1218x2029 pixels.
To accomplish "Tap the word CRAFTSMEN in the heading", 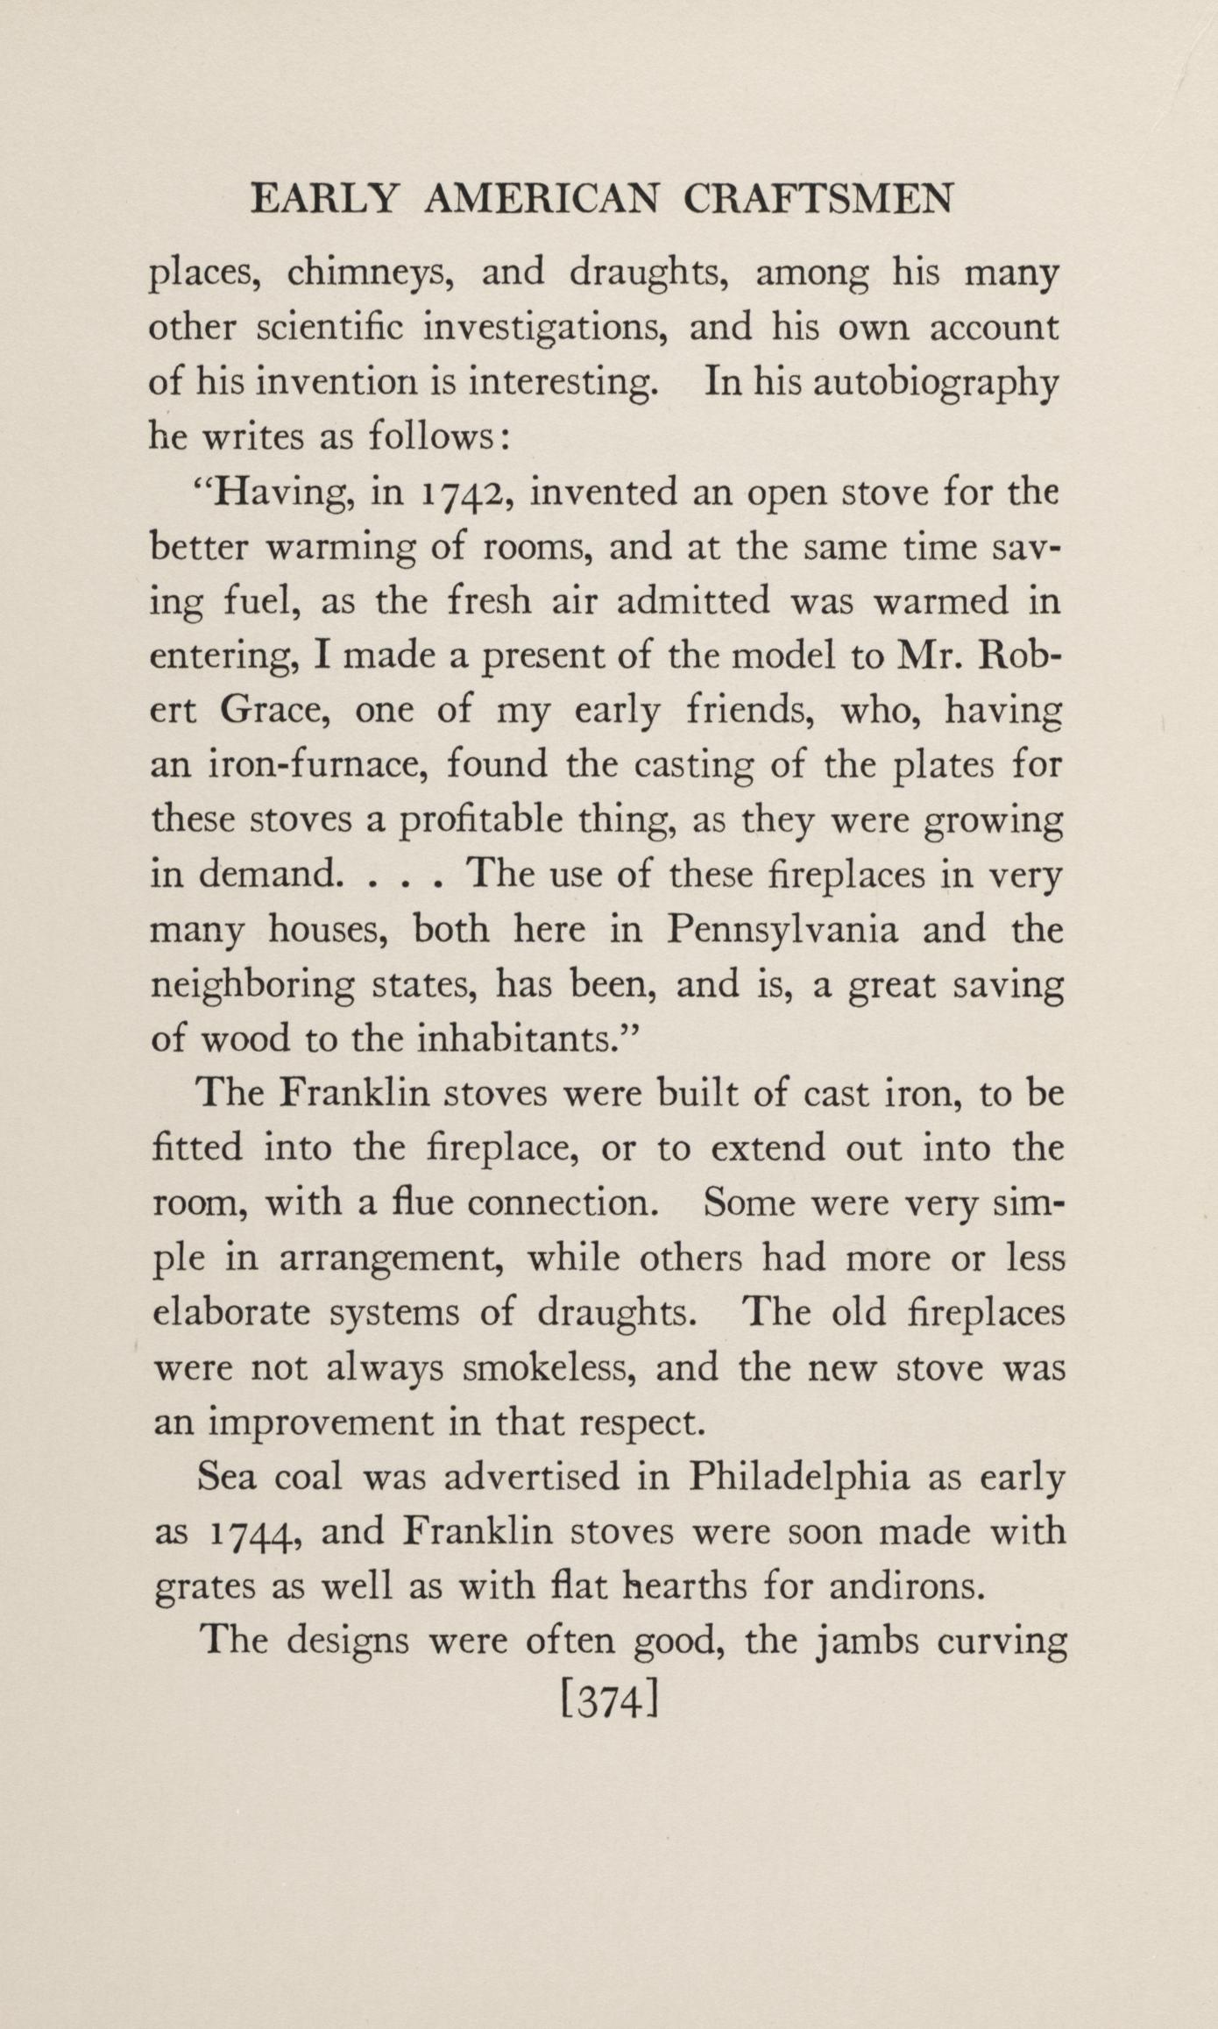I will (x=818, y=200).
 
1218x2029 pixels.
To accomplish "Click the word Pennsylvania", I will (x=782, y=930).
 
